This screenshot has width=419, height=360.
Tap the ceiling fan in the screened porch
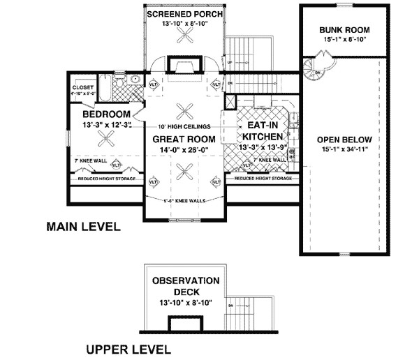[x=186, y=40]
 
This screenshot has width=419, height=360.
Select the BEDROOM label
[x=106, y=114]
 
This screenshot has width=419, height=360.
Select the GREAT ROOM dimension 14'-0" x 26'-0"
[x=185, y=149]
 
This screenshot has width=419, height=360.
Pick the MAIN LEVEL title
[x=83, y=227]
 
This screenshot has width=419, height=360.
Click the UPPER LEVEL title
[x=128, y=348]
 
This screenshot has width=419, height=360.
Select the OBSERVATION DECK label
[x=186, y=286]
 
